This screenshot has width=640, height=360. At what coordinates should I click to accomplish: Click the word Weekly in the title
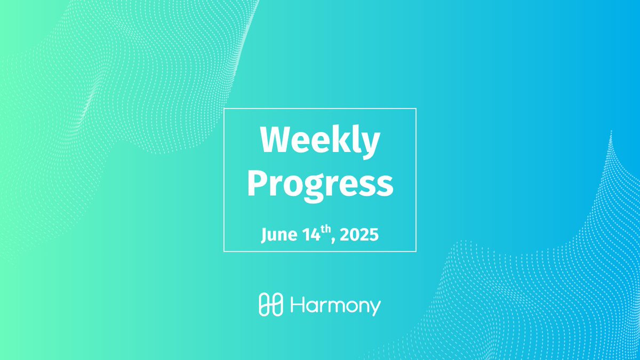pyautogui.click(x=320, y=142)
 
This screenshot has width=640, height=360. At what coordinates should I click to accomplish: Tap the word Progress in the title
pyautogui.click(x=321, y=186)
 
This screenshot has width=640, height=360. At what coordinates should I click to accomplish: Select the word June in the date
pyautogui.click(x=279, y=235)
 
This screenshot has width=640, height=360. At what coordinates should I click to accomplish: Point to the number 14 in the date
pyautogui.click(x=311, y=235)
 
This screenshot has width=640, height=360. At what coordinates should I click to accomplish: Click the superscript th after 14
pyautogui.click(x=326, y=229)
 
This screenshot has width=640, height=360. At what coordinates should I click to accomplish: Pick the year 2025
pyautogui.click(x=359, y=235)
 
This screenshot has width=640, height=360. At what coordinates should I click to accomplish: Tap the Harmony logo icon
pyautogui.click(x=271, y=305)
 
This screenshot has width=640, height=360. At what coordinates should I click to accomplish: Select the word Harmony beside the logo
pyautogui.click(x=335, y=306)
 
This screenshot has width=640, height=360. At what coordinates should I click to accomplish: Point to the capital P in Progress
pyautogui.click(x=258, y=183)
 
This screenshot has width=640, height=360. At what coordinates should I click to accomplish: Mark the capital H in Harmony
pyautogui.click(x=298, y=304)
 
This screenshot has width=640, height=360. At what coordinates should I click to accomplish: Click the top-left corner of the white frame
pyautogui.click(x=224, y=109)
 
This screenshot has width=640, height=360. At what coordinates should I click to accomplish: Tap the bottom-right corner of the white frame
pyautogui.click(x=416, y=251)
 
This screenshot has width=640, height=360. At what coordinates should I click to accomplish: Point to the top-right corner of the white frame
pyautogui.click(x=416, y=109)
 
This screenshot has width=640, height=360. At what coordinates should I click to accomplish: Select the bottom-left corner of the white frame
pyautogui.click(x=224, y=251)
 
